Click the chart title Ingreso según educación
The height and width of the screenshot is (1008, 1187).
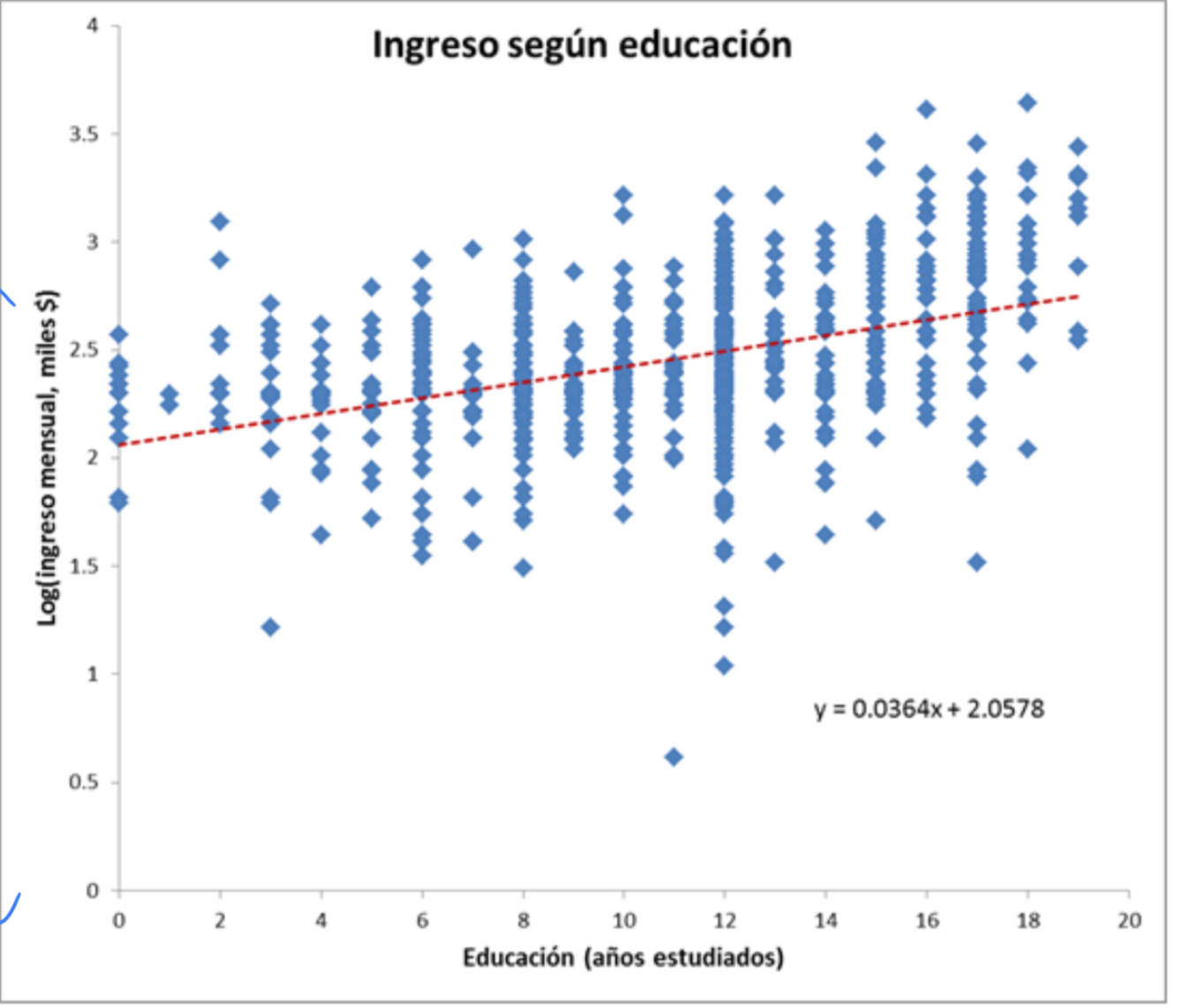[x=581, y=45]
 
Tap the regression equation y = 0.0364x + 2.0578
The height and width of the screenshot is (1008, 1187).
[x=929, y=709]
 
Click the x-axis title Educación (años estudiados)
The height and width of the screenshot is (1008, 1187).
[x=623, y=957]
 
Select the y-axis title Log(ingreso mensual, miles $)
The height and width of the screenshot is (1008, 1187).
[x=48, y=457]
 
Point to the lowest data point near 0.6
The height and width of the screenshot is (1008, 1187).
[x=674, y=756]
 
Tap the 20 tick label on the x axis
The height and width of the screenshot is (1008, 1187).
[x=1129, y=921]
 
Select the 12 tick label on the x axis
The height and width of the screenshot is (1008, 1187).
[x=724, y=921]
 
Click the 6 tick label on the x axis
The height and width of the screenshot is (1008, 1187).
[x=422, y=921]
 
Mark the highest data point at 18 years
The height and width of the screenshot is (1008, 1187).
[x=1027, y=102]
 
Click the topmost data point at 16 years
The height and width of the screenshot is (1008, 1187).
[x=926, y=109]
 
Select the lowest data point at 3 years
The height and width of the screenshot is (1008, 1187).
[x=270, y=628]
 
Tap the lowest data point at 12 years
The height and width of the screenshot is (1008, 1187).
[x=724, y=666]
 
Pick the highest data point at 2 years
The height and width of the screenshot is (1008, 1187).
[x=220, y=222]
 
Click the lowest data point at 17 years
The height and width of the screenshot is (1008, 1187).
[x=977, y=562]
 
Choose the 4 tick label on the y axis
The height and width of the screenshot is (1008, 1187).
[x=93, y=26]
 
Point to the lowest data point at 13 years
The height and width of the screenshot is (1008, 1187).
[x=775, y=562]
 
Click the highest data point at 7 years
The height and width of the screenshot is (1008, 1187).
[x=473, y=249]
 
